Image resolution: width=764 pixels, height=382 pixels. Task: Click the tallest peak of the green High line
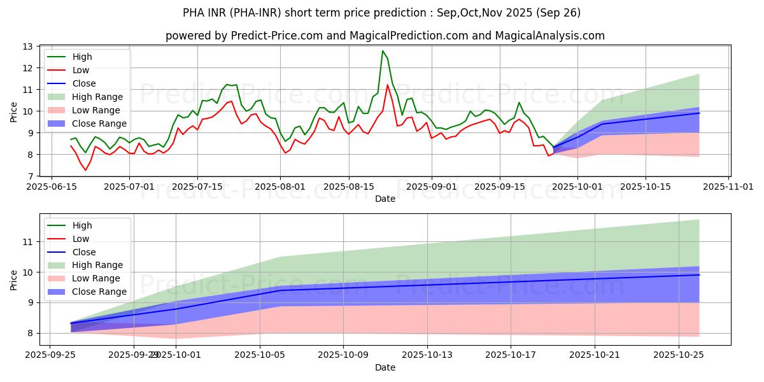383,51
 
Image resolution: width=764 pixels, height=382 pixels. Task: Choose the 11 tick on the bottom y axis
27,242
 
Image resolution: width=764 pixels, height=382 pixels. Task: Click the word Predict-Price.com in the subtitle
249,36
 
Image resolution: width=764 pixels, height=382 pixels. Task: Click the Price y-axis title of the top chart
14,111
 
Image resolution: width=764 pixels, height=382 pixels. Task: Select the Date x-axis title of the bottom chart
385,367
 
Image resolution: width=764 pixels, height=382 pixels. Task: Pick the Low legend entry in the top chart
81,70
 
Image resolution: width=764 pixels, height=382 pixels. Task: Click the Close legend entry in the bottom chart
84,251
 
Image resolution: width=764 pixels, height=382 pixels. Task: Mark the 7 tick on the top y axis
31,176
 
